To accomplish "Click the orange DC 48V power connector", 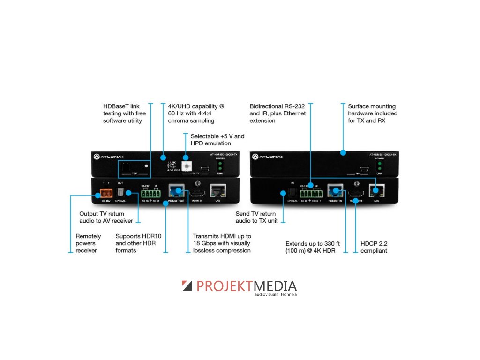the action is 105,194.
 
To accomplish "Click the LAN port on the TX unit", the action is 217,190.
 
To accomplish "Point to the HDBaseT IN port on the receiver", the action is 335,191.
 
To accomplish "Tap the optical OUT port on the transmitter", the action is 120,193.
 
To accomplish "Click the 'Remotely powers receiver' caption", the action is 88,243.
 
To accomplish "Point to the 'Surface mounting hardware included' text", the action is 372,113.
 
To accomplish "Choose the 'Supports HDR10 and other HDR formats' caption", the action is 138,243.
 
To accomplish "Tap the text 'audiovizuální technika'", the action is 276,295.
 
